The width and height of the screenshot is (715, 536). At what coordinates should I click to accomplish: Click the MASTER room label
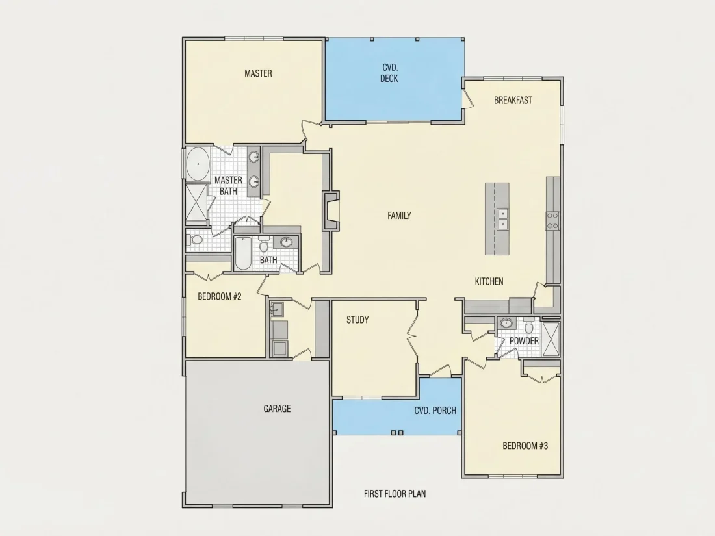[258, 73]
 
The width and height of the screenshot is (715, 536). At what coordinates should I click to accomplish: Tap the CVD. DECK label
[389, 73]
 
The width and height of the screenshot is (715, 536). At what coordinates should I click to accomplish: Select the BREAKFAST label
[513, 100]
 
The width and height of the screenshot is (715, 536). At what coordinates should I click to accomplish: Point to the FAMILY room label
[399, 216]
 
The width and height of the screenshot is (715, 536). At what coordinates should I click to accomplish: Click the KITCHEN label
[489, 282]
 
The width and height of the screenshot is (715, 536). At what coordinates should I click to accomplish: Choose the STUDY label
[357, 320]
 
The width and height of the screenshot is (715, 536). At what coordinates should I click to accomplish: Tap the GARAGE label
[277, 409]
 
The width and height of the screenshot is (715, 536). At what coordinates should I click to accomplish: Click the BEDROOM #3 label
[525, 446]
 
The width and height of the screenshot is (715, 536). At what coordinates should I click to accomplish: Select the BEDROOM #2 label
[219, 297]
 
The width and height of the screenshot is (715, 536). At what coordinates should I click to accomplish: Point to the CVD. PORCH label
[435, 411]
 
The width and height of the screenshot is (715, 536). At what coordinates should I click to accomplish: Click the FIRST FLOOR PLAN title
[395, 494]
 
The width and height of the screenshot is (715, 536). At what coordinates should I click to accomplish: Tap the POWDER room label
[524, 341]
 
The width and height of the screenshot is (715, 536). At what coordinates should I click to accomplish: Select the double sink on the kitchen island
[502, 219]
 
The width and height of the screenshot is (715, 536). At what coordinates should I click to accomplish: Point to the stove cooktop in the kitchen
[552, 221]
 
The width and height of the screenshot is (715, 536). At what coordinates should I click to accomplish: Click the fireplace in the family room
[331, 210]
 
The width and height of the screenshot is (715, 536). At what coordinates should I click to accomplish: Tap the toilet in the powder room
[529, 326]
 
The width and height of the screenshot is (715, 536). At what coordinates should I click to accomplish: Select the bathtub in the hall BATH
[243, 253]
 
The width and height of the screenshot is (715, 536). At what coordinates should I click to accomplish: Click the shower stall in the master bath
[197, 201]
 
